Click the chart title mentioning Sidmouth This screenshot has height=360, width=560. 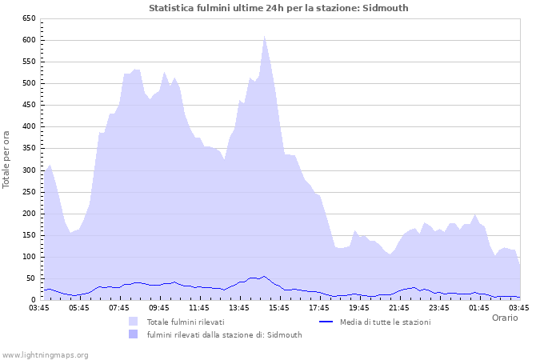(x=278, y=8)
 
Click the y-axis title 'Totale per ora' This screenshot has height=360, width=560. (x=7, y=158)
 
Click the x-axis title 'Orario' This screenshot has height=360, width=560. (x=505, y=318)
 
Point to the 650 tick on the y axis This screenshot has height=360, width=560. (x=28, y=18)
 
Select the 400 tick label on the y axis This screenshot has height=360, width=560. (x=28, y=126)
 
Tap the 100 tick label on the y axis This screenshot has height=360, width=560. (x=28, y=257)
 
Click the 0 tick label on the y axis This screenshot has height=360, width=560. (x=33, y=300)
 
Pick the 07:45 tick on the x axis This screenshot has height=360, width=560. (x=119, y=307)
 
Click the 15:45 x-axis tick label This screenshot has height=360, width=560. (x=279, y=307)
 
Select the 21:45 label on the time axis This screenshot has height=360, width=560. (x=399, y=307)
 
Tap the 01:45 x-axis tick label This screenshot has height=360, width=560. (x=479, y=307)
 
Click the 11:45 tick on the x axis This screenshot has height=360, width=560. (x=199, y=307)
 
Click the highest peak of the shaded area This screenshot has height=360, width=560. (x=264, y=36)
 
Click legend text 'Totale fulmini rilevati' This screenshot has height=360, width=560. (x=185, y=322)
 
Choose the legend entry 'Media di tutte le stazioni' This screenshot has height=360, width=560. (x=385, y=322)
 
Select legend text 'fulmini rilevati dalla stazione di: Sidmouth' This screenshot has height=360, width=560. (x=224, y=335)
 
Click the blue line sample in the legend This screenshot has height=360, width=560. (x=326, y=322)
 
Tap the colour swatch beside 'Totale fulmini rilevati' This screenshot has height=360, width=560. (x=133, y=322)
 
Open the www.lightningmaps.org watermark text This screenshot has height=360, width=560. (x=45, y=354)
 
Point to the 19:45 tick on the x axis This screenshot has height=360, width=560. (x=359, y=307)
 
